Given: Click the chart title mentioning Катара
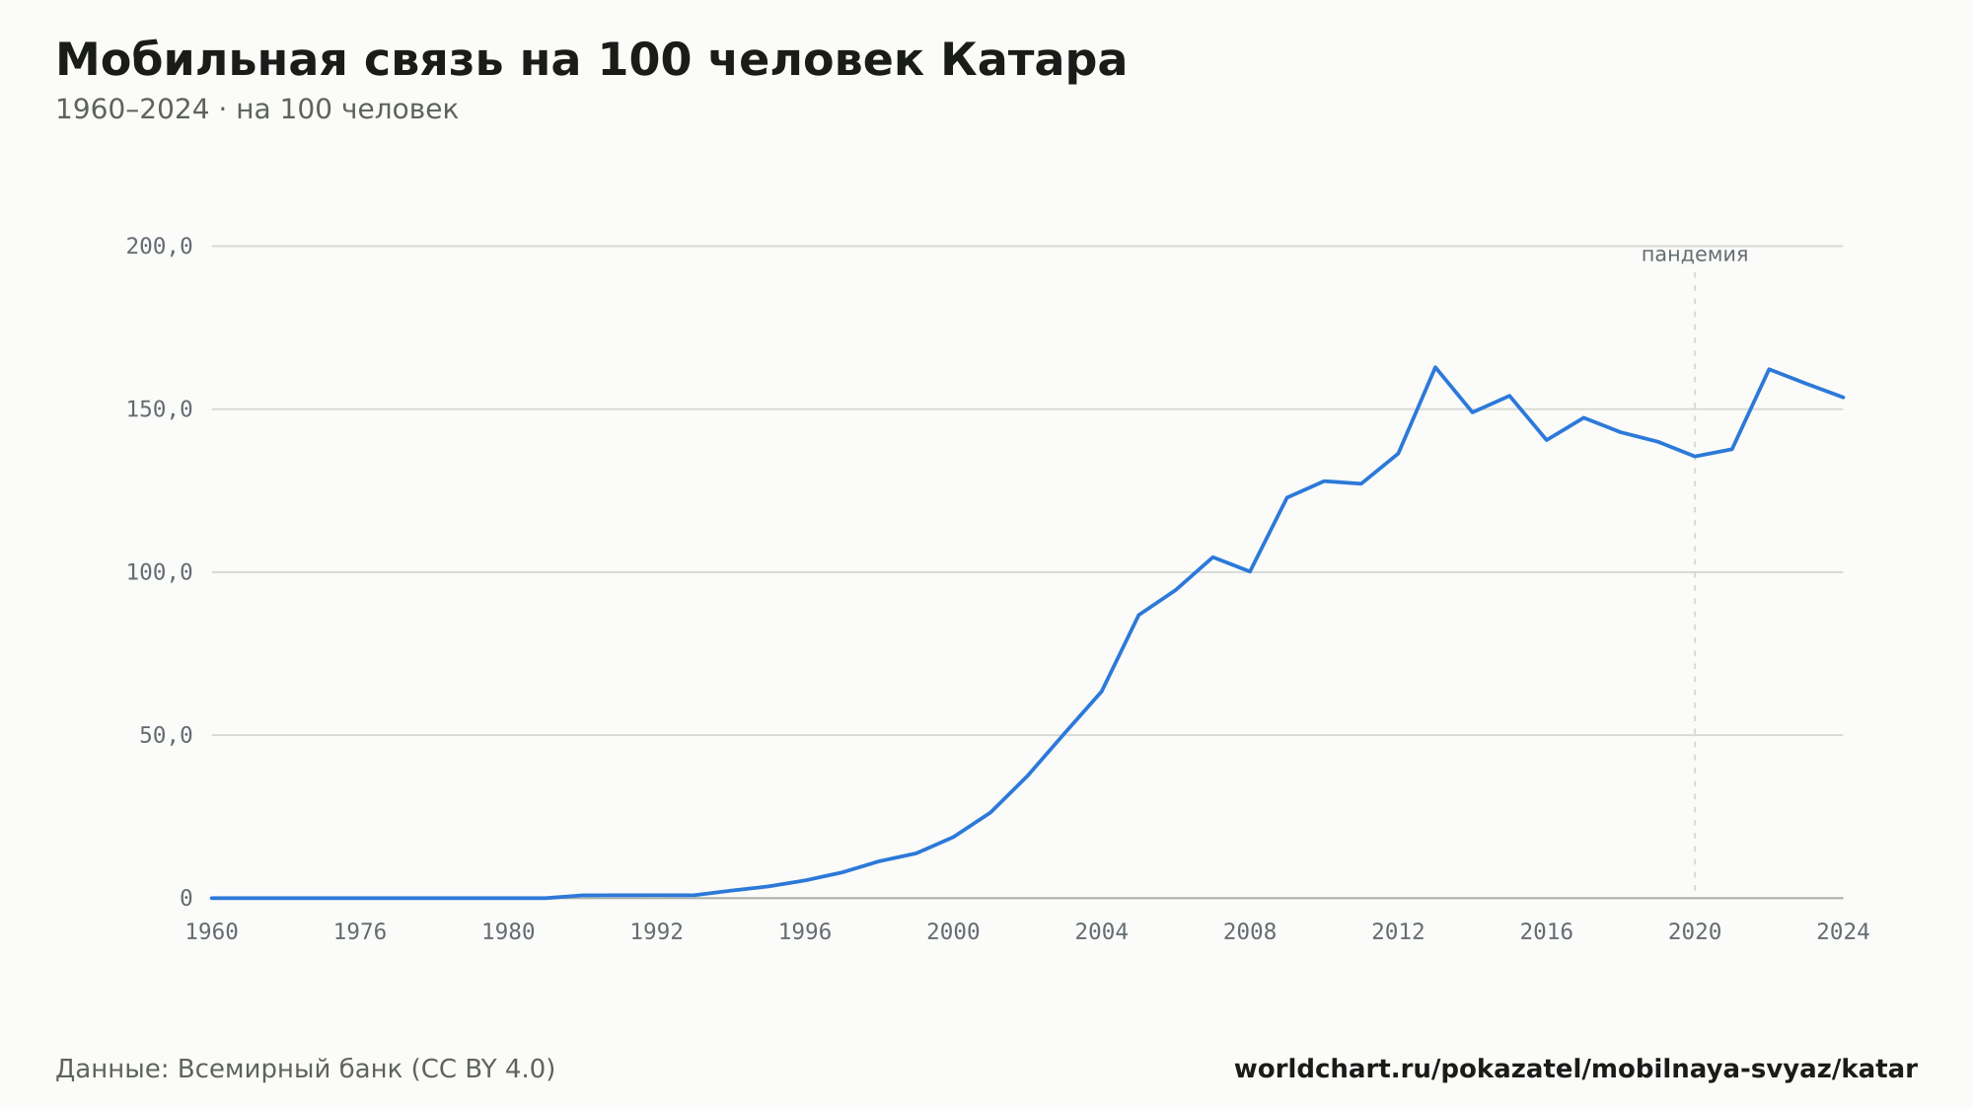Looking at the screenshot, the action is tap(591, 60).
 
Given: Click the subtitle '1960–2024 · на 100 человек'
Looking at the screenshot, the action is tap(256, 110).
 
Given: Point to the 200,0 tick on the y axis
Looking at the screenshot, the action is tap(159, 247).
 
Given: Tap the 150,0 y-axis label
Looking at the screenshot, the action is tap(159, 409).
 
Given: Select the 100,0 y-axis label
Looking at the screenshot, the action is tap(159, 572).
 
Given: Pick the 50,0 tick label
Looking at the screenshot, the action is tap(166, 735).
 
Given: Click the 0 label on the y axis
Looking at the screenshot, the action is tap(185, 898).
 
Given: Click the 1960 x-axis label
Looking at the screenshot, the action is tap(212, 932).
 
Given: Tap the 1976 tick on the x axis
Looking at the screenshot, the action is tap(360, 932).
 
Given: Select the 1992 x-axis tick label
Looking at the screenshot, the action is tap(657, 932).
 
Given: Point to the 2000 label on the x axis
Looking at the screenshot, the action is tap(953, 932).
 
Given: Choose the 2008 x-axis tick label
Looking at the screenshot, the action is tap(1250, 932).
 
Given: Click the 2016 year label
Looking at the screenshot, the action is tap(1546, 932).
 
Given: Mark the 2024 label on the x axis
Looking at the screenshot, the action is tap(1843, 932).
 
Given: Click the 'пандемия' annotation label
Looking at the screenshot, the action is tap(1695, 255).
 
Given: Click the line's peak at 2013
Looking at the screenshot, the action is tap(1435, 367).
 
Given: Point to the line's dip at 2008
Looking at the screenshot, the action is tap(1250, 571).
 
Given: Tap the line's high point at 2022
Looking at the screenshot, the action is tap(1769, 369).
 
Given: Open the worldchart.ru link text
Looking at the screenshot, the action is tap(1575, 1070).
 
